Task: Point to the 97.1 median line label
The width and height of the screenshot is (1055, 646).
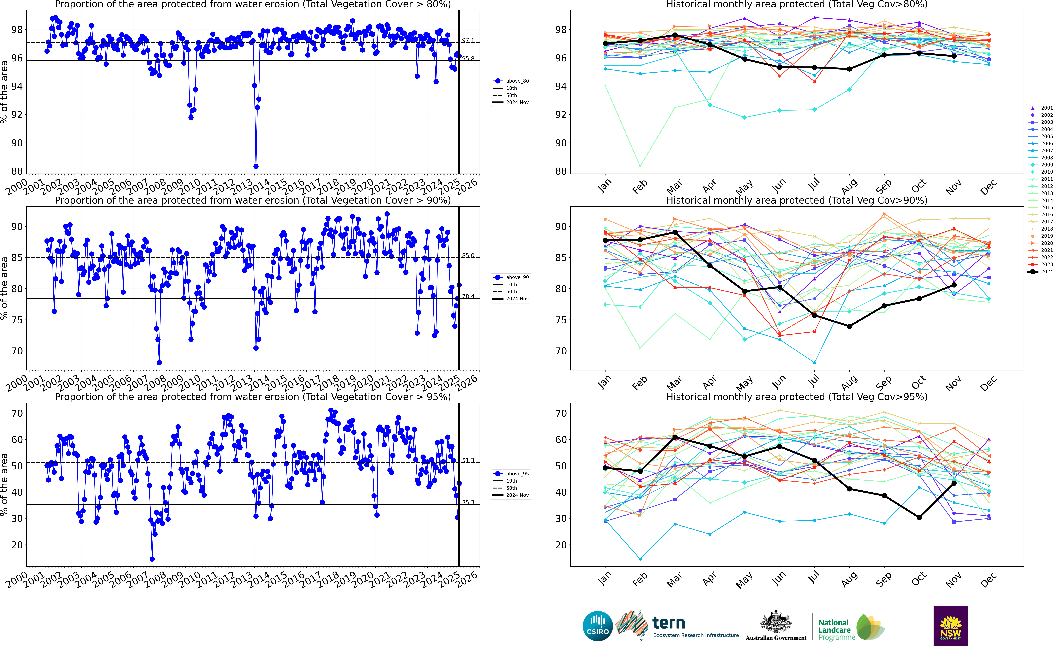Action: point(468,40)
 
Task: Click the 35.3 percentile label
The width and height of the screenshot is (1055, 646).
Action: point(468,502)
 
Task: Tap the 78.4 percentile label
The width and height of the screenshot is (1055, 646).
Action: point(468,296)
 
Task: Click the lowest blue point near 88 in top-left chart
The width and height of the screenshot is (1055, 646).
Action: point(256,166)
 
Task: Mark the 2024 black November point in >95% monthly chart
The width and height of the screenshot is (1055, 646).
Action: point(954,483)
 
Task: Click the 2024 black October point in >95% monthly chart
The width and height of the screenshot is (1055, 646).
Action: point(919,517)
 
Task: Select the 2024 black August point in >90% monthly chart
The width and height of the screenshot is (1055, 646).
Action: point(849,326)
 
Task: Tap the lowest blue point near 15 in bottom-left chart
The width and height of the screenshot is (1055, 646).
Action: point(152,559)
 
